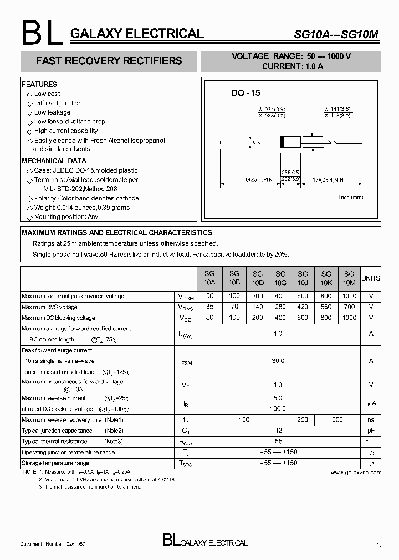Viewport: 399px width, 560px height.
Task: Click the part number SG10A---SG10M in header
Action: pos(336,34)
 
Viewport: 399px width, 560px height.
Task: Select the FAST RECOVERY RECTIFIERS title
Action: pos(109,61)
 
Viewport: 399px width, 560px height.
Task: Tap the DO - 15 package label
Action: pos(245,94)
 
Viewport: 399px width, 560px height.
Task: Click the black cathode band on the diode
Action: pos(283,142)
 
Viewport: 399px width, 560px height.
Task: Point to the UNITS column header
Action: pos(371,278)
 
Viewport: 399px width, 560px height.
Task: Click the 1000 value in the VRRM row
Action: pos(349,296)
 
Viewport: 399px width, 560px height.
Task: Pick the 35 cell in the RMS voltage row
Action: pos(209,307)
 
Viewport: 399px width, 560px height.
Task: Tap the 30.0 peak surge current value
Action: pos(278,361)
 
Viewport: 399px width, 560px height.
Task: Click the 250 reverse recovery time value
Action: pos(303,420)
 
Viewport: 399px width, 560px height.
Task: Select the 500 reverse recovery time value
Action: pos(337,420)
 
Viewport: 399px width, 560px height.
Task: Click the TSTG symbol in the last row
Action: pos(186,464)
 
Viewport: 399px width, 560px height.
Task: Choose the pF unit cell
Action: pos(371,431)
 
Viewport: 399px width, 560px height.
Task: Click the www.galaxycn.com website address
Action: pos(356,473)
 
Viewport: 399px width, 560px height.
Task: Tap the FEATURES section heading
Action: pos(39,84)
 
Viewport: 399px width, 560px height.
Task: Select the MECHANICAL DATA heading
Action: pos(51,161)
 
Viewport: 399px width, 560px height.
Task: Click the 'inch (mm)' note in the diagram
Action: pos(350,197)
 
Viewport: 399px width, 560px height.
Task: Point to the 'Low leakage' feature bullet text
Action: pos(52,112)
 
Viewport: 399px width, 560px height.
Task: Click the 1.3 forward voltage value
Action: pos(278,385)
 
